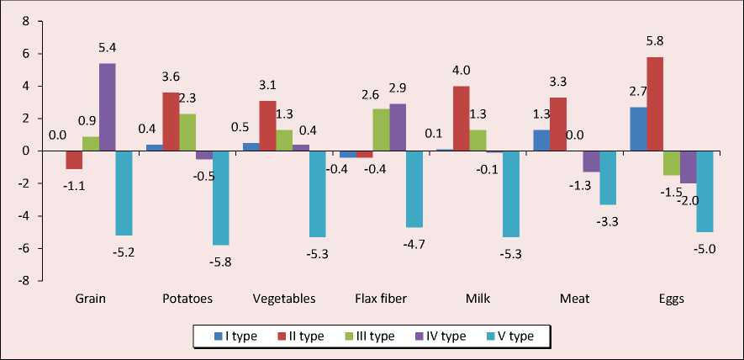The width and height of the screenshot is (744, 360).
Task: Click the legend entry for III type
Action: tap(365, 336)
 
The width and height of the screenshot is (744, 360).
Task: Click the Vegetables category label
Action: tap(283, 299)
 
